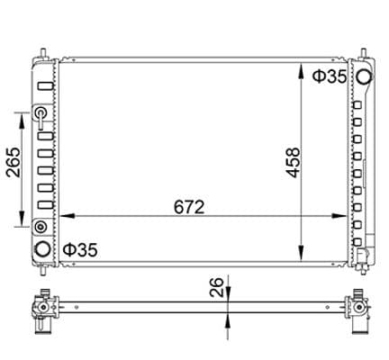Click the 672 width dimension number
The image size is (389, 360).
[189, 207]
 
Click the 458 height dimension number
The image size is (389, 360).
[293, 162]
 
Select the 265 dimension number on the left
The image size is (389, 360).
[14, 162]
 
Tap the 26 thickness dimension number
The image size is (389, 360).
[217, 287]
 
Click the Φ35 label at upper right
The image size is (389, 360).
[330, 76]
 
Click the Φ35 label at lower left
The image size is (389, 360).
[80, 250]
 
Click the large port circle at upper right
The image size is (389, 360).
[364, 76]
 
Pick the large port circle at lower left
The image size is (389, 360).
[42, 249]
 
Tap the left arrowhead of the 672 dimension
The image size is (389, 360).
[68, 216]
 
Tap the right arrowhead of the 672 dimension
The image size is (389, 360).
[339, 216]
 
